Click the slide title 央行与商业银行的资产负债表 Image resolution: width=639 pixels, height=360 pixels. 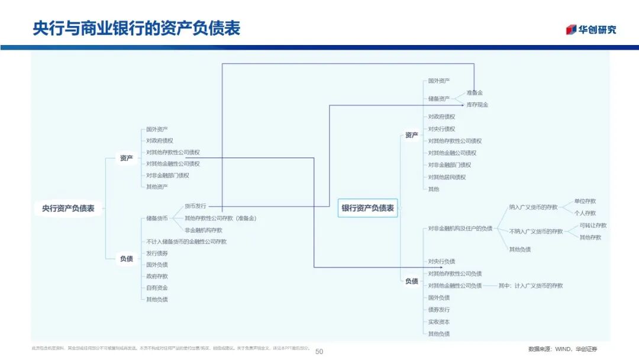point(137,28)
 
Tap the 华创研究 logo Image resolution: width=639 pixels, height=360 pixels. point(590,30)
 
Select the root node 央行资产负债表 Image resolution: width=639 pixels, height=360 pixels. point(68,208)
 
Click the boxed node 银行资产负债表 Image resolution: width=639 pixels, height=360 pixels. point(367,208)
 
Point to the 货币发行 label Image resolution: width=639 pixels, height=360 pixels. point(195,206)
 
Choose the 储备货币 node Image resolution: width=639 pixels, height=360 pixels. point(157,218)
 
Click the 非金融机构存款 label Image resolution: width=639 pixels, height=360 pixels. point(204,230)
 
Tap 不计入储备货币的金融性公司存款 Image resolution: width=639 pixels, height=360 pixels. point(186,242)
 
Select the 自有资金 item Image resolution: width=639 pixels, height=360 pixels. point(157,288)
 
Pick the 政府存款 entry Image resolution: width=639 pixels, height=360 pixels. point(157,276)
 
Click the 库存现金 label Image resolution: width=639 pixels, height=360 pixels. point(477,105)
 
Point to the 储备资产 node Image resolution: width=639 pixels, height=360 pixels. point(439,99)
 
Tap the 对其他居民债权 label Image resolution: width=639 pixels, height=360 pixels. point(447,177)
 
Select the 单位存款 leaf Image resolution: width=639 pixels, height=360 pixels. point(585,201)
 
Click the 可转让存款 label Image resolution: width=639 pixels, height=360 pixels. point(593,226)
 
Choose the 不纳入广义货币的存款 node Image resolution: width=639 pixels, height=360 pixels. point(536,232)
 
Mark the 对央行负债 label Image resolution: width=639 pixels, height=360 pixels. point(441,261)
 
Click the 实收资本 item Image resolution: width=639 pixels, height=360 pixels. point(439,322)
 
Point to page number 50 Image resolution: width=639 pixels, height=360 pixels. point(319,351)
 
